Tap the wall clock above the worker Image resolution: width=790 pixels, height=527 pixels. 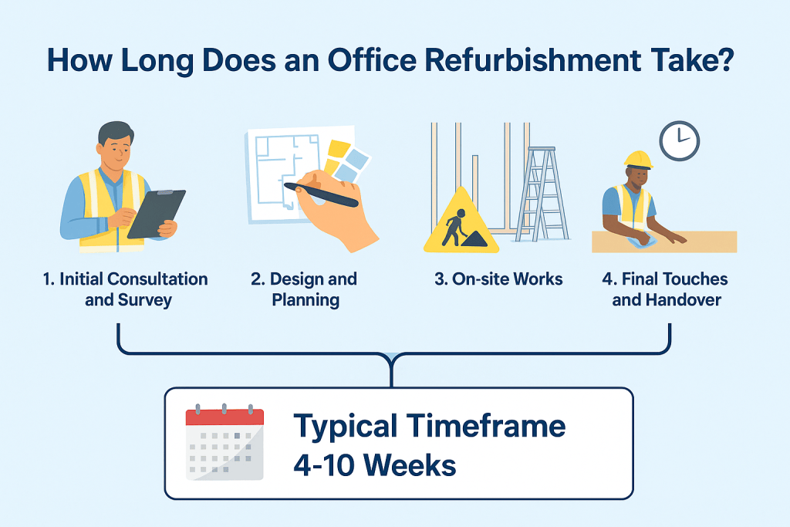[x=679, y=141]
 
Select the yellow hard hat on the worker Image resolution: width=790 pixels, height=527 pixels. [x=638, y=159]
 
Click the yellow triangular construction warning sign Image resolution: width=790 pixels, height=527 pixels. [x=461, y=223]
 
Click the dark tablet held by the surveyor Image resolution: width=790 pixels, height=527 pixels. [x=156, y=213]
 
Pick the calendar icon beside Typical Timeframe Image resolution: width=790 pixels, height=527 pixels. [x=225, y=443]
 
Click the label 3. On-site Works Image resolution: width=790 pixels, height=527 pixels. [x=498, y=279]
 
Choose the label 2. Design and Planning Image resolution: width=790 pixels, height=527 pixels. [x=306, y=289]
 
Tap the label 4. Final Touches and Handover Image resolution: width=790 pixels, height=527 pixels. [x=664, y=289]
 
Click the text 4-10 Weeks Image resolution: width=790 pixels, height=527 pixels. [x=374, y=465]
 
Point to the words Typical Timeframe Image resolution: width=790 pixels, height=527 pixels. [x=430, y=426]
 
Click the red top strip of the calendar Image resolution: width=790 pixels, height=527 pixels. [x=225, y=417]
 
